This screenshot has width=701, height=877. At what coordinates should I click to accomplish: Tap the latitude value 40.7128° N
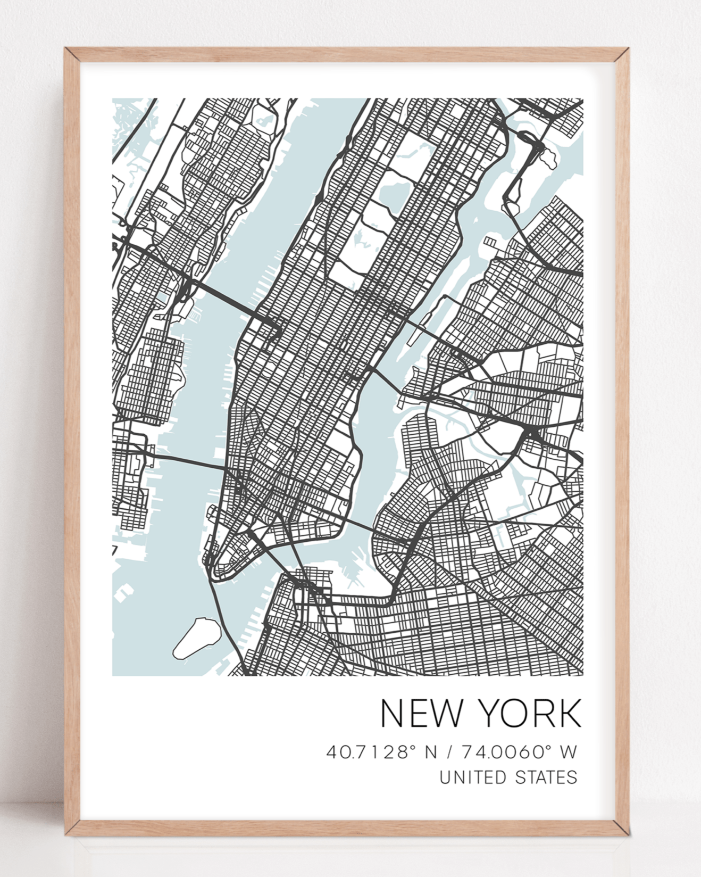(x=381, y=752)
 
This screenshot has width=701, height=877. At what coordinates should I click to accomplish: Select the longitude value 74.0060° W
(x=519, y=752)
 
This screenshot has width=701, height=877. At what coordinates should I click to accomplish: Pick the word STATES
(x=547, y=777)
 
